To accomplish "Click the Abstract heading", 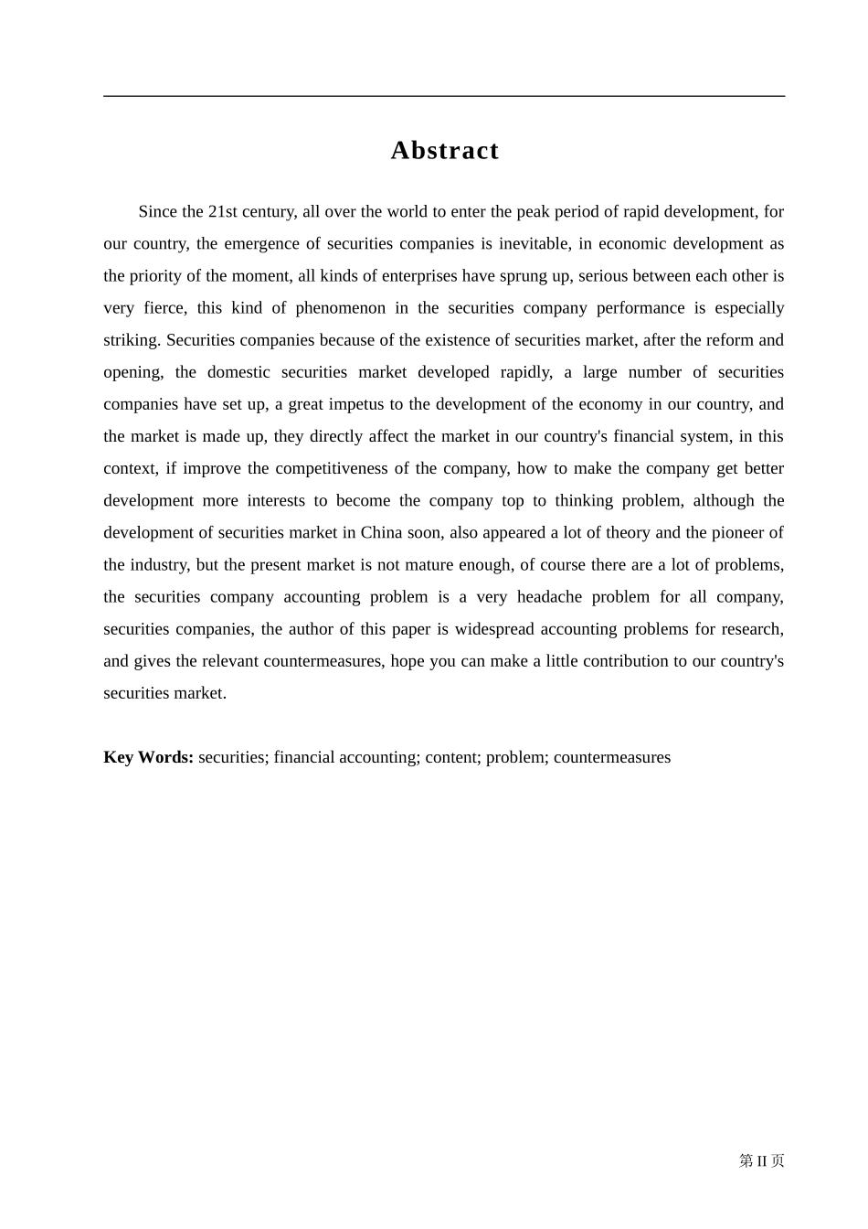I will coord(444,150).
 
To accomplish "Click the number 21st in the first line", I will coord(223,212).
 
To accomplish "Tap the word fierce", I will coord(164,308).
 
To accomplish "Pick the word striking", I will coord(131,340).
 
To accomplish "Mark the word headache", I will coord(549,597).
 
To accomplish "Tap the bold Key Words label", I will coord(148,757).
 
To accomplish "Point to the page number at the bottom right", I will coord(761,1160).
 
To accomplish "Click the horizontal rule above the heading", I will coord(444,96).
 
